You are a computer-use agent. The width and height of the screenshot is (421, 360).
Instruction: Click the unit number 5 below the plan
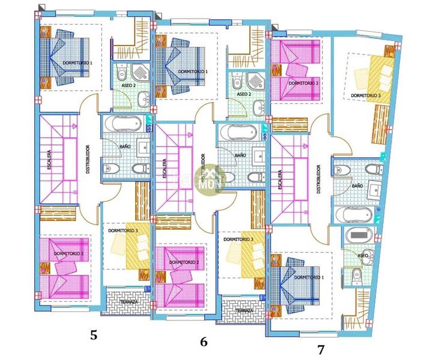(94, 335)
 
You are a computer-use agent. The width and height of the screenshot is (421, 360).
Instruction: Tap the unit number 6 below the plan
(204, 342)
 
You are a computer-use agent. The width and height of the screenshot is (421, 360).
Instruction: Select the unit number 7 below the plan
(321, 349)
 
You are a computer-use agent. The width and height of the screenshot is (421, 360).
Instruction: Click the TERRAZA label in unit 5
(128, 302)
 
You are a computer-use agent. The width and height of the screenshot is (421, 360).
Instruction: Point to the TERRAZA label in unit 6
(244, 311)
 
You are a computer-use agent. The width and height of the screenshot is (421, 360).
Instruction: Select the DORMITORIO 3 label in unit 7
(365, 95)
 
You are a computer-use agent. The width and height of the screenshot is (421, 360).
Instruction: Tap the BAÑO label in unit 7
(357, 186)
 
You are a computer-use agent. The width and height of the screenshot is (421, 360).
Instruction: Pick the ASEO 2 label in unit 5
(128, 86)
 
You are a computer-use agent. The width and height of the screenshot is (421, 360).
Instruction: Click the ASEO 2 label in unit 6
(243, 94)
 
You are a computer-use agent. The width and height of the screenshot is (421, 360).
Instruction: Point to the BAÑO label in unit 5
(125, 146)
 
